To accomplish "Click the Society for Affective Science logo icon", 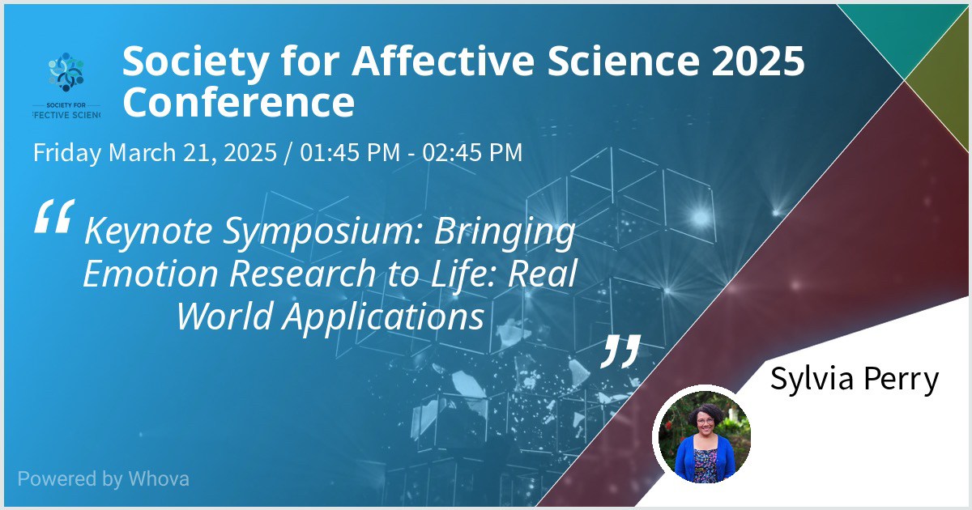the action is pyautogui.click(x=66, y=72).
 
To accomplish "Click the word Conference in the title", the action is pyautogui.click(x=239, y=102).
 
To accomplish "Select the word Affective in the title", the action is pyautogui.click(x=443, y=62).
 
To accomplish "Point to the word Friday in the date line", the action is pyautogui.click(x=66, y=153).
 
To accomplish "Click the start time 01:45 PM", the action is pyautogui.click(x=350, y=152).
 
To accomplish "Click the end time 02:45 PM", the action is pyautogui.click(x=472, y=152).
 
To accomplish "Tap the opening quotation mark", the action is pyautogui.click(x=54, y=217).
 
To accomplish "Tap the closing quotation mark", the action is pyautogui.click(x=620, y=351).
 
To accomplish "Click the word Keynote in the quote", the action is pyautogui.click(x=148, y=232).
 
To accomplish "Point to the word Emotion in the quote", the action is pyautogui.click(x=150, y=274).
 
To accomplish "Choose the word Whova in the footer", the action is pyautogui.click(x=159, y=478).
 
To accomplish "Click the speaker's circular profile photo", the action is pyautogui.click(x=704, y=436).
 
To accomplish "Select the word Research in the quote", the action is pyautogui.click(x=302, y=274).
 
